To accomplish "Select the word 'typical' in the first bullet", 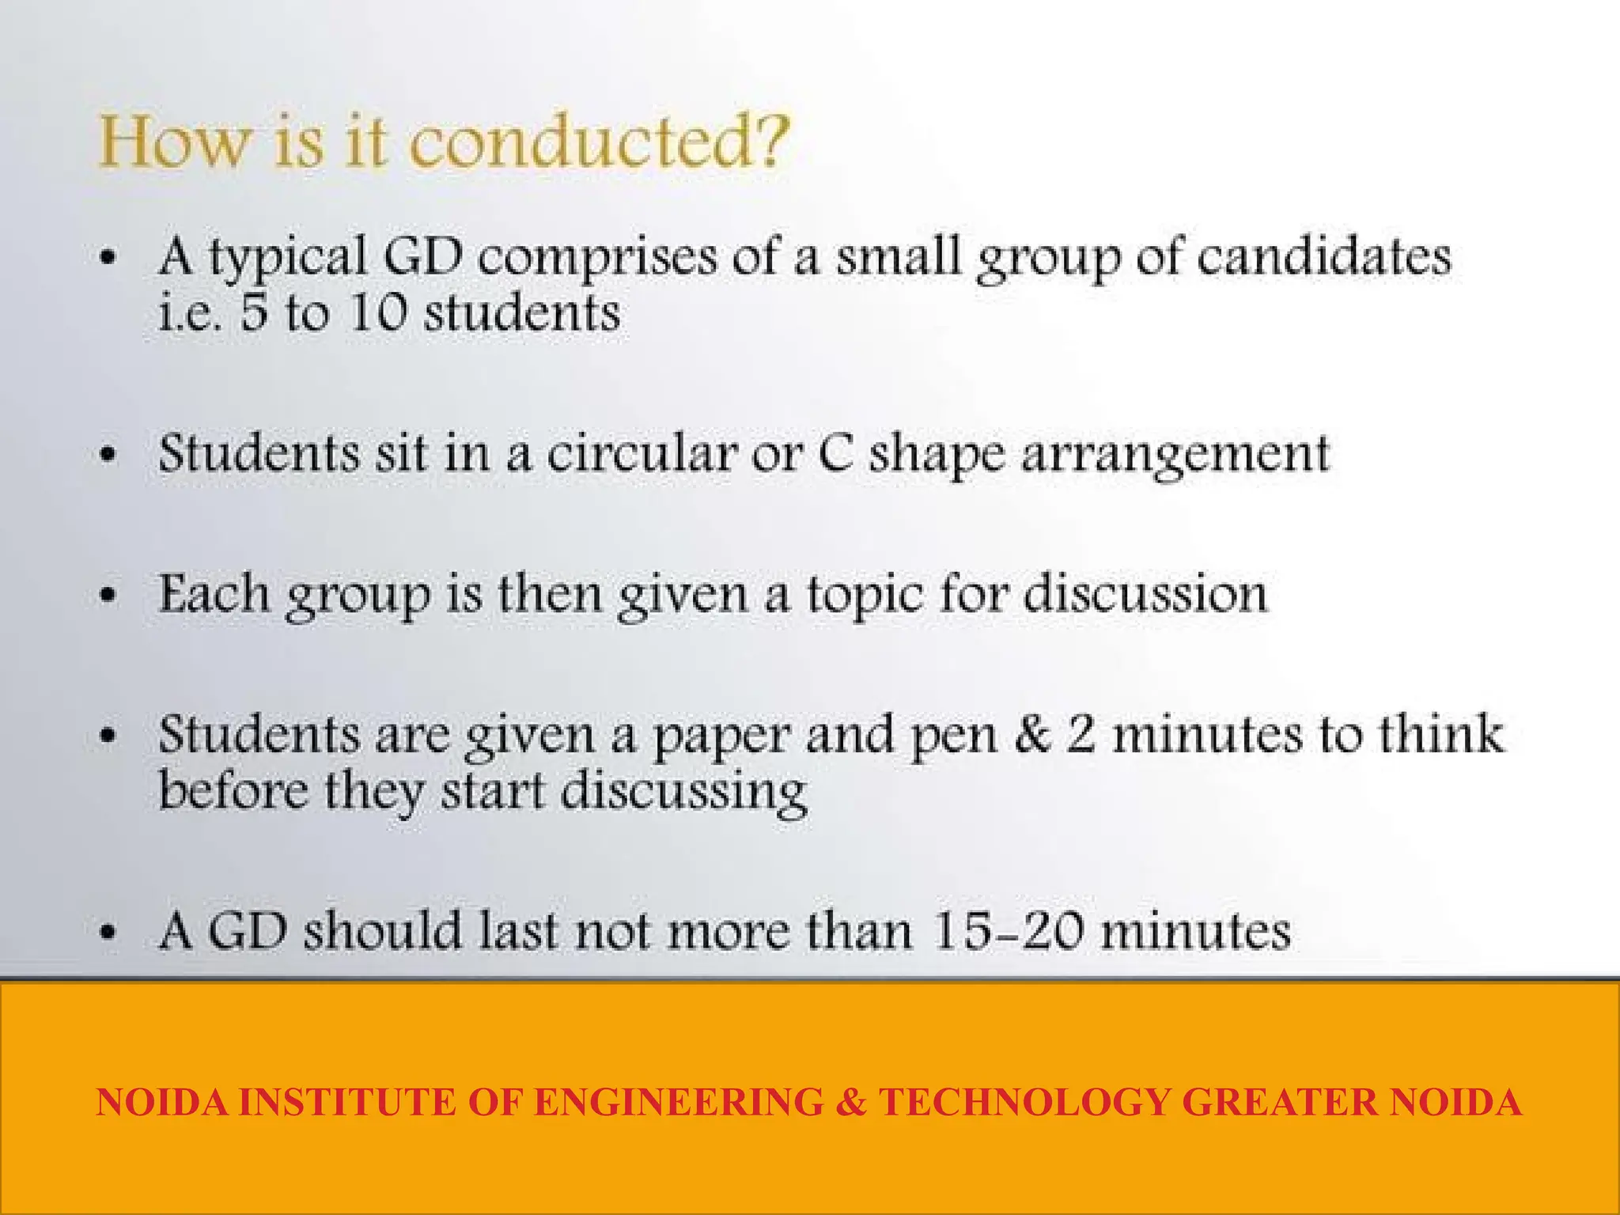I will click(289, 258).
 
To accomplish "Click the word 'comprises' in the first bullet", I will click(597, 258).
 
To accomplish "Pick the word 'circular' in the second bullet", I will click(642, 454).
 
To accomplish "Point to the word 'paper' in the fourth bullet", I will click(721, 736).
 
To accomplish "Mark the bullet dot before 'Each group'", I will click(108, 596).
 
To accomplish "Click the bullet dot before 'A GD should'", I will click(108, 932).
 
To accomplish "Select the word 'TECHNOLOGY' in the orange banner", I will click(1024, 1102).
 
